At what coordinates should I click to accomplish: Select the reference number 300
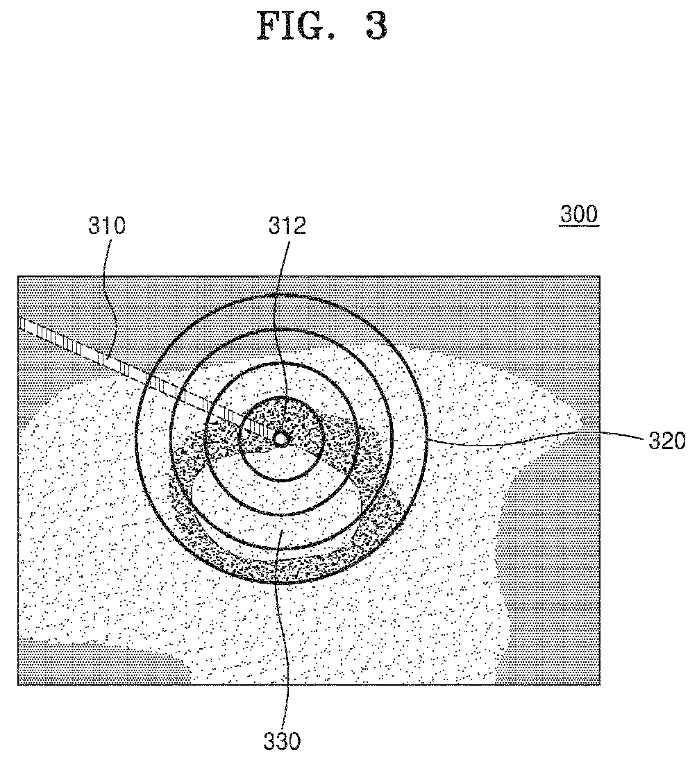(x=578, y=214)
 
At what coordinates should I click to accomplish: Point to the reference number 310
(x=106, y=226)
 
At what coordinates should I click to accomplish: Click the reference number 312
(x=287, y=226)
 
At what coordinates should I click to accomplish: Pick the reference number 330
(x=282, y=741)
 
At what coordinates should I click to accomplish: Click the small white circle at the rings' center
(x=280, y=439)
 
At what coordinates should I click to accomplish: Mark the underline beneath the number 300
(x=578, y=226)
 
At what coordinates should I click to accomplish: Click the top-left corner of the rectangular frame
(x=18, y=276)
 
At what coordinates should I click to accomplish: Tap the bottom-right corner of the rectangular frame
(x=600, y=685)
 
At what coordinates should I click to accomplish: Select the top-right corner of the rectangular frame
(x=600, y=276)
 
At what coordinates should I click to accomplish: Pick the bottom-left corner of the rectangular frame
(x=18, y=685)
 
